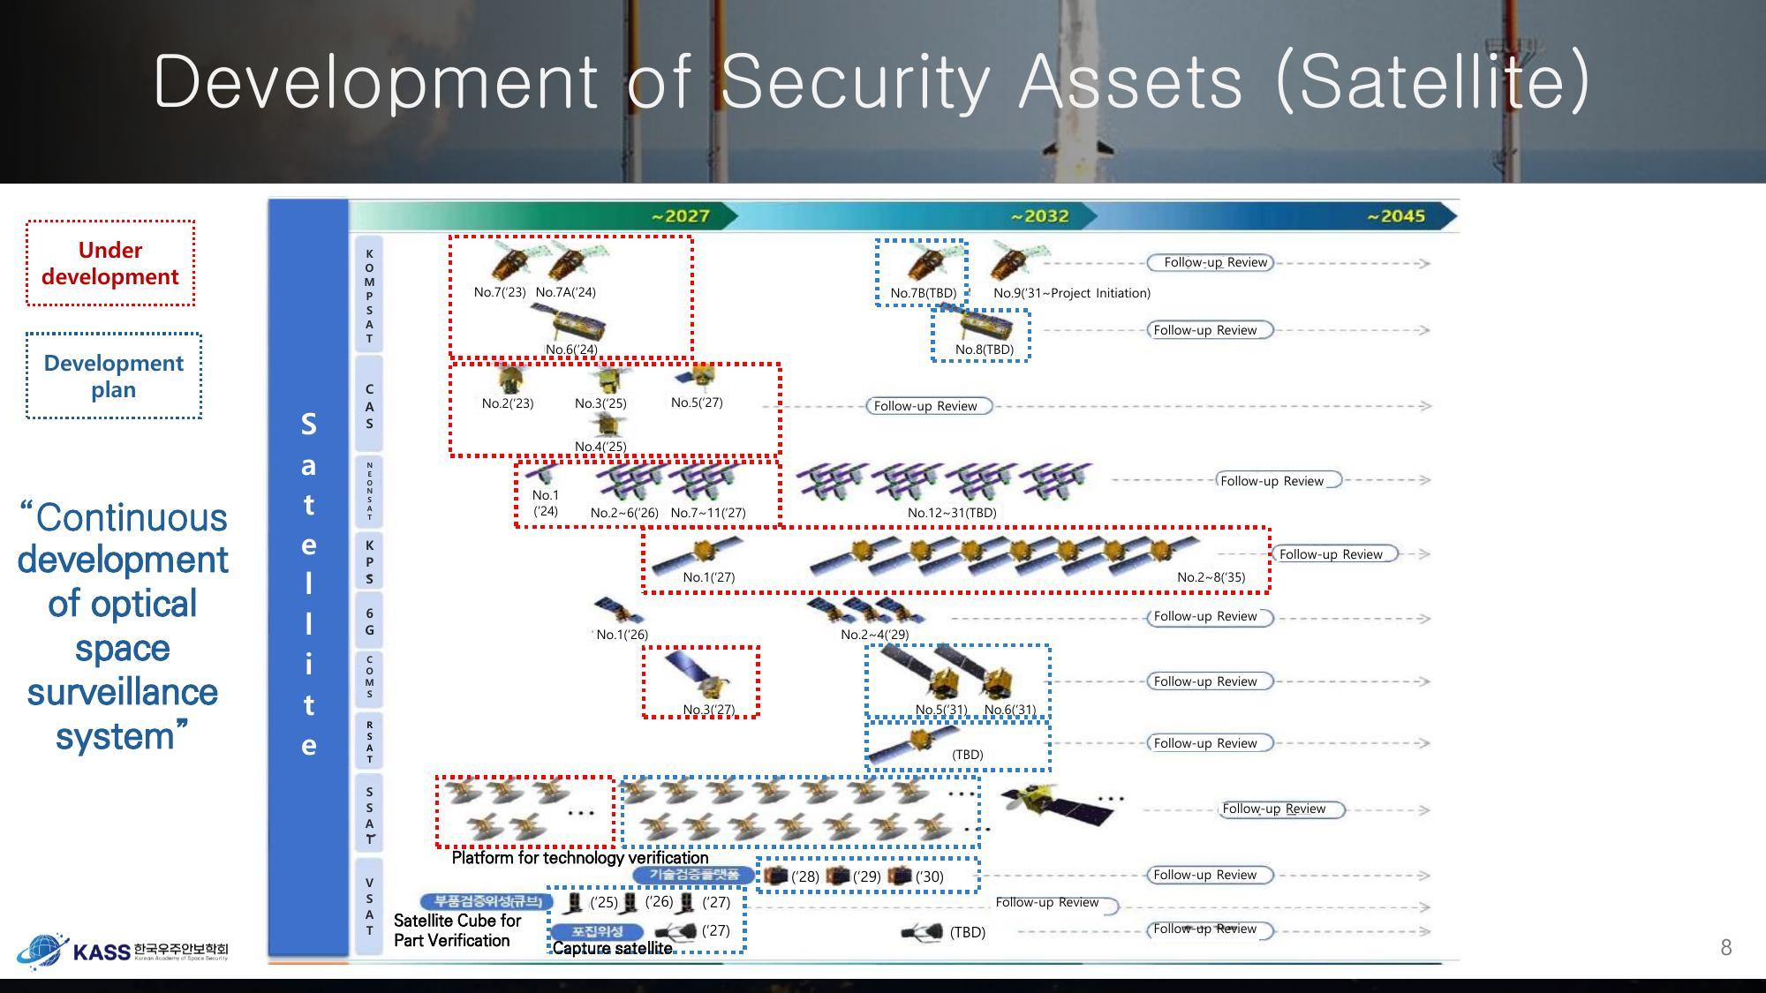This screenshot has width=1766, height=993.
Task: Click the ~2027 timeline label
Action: click(x=680, y=216)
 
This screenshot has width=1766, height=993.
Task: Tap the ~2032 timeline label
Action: click(x=1039, y=216)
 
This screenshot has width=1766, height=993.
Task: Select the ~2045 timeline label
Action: click(x=1395, y=216)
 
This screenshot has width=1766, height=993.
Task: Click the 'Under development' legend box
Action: click(x=110, y=263)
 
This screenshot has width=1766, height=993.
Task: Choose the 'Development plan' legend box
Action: click(x=114, y=376)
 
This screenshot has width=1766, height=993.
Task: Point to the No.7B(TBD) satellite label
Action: click(x=923, y=293)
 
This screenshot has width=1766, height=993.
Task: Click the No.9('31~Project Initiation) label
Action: click(x=1071, y=293)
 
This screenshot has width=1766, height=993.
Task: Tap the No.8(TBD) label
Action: click(x=984, y=350)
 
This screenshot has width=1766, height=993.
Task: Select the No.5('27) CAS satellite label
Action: click(x=697, y=402)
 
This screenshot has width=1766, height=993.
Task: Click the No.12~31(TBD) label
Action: click(x=952, y=513)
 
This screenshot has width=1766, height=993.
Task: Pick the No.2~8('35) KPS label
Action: click(x=1211, y=577)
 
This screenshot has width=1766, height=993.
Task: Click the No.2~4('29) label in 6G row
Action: click(x=874, y=635)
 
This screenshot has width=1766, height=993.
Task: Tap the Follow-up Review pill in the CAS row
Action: click(x=926, y=406)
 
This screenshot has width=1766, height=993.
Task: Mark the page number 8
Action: click(x=1725, y=948)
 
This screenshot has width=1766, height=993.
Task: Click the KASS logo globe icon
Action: click(x=41, y=951)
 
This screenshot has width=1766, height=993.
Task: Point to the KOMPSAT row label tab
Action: click(x=369, y=296)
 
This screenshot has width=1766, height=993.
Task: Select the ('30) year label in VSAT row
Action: click(x=929, y=876)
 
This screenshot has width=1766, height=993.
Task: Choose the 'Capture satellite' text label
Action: click(x=612, y=948)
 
